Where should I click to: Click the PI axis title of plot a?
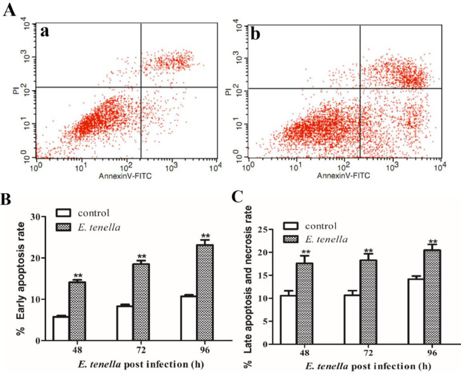click(x=16, y=92)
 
